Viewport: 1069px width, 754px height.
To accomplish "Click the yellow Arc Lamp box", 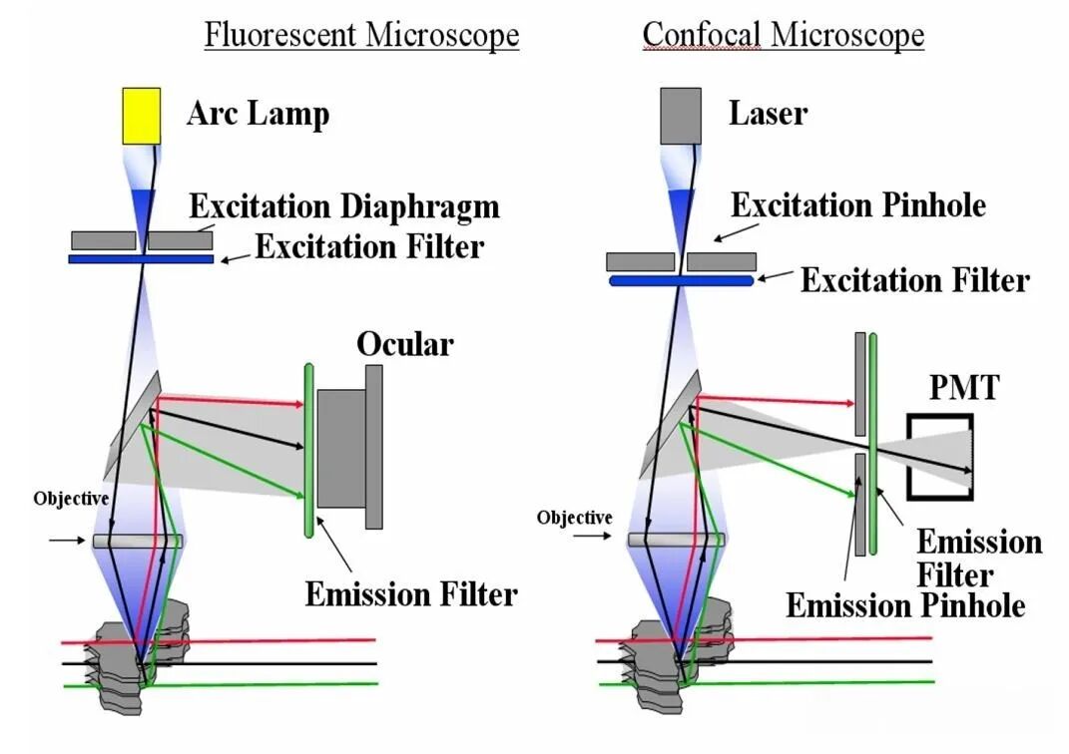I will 141,115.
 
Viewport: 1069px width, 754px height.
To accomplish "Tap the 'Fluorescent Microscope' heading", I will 361,35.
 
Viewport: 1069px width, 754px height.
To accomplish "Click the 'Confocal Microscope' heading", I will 783,35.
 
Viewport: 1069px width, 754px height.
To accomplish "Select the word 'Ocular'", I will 405,344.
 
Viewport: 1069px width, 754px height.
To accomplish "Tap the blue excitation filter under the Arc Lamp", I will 141,258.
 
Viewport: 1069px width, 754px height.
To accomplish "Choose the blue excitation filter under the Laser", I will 682,280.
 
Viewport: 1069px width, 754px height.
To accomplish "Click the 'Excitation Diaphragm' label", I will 344,206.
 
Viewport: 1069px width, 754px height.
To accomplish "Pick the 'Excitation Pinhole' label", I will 858,205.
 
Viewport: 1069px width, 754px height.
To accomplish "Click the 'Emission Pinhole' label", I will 905,604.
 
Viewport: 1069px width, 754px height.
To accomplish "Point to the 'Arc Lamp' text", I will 258,114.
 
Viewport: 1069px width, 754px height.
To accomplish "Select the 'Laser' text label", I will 768,114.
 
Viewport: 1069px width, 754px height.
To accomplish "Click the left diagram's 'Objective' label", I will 71,498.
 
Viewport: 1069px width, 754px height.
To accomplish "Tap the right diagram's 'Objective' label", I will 574,518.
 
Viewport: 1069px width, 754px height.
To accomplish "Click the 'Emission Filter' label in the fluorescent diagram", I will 411,594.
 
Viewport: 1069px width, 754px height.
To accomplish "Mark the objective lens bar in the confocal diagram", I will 675,540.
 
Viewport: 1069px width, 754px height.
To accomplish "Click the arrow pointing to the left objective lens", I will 66,541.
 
